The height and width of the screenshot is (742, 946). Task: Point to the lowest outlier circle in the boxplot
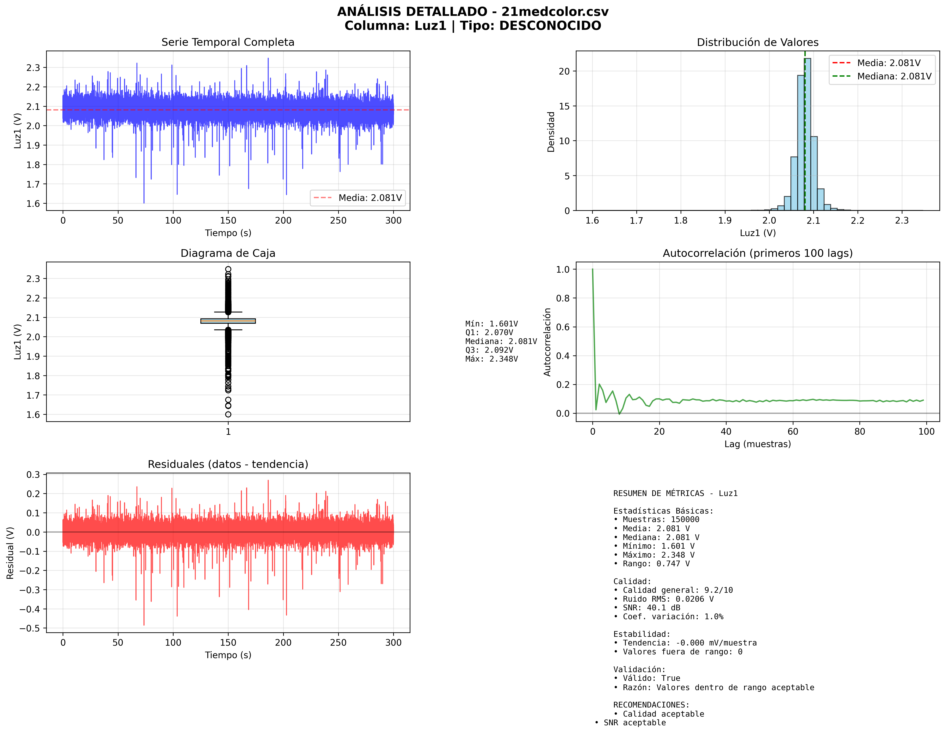click(228, 415)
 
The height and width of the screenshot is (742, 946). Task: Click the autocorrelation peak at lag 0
click(592, 270)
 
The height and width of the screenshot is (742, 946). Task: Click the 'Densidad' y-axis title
click(551, 132)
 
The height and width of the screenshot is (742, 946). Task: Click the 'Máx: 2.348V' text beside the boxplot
click(491, 359)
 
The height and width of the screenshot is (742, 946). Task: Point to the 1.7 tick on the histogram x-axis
click(636, 221)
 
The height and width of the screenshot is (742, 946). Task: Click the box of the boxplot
click(228, 321)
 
